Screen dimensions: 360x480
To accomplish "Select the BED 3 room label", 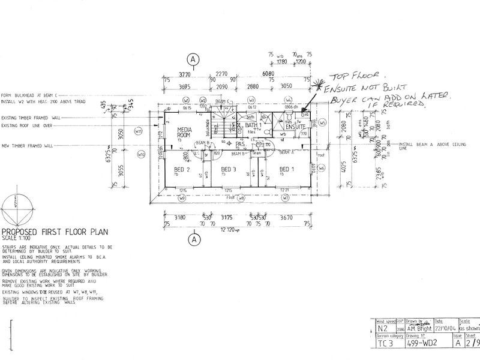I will [229, 169].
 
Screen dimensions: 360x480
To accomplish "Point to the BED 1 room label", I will [285, 169].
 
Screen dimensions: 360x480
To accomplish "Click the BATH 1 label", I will [254, 125].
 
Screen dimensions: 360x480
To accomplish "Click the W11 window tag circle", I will [139, 131].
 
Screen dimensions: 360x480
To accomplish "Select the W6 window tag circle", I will [322, 169].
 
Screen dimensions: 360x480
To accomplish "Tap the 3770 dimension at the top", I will [174, 76].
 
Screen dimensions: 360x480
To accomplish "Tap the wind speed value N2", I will [382, 329].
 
